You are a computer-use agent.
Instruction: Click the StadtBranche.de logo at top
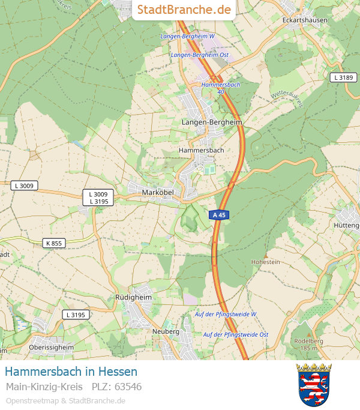pyautogui.click(x=184, y=10)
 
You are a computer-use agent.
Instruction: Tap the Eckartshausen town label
pyautogui.click(x=305, y=20)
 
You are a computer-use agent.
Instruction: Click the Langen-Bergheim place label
pyautogui.click(x=211, y=122)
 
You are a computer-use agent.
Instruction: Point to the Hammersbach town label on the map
pyautogui.click(x=201, y=150)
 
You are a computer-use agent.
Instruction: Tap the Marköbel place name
pyautogui.click(x=158, y=191)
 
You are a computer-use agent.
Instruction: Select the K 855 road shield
pyautogui.click(x=54, y=243)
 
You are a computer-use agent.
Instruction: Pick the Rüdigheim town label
pyautogui.click(x=133, y=297)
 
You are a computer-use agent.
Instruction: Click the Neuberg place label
pyautogui.click(x=166, y=331)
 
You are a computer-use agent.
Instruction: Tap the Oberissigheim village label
pyautogui.click(x=51, y=347)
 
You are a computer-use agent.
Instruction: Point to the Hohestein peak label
pyautogui.click(x=265, y=262)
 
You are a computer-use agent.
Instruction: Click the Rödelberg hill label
pyautogui.click(x=308, y=341)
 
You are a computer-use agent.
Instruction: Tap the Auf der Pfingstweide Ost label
pyautogui.click(x=235, y=334)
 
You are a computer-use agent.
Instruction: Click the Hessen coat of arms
pyautogui.click(x=314, y=384)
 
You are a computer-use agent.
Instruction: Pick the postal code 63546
pyautogui.click(x=128, y=387)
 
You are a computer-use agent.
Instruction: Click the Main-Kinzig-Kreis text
pyautogui.click(x=44, y=387)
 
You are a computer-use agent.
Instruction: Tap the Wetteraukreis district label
pyautogui.click(x=287, y=100)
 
